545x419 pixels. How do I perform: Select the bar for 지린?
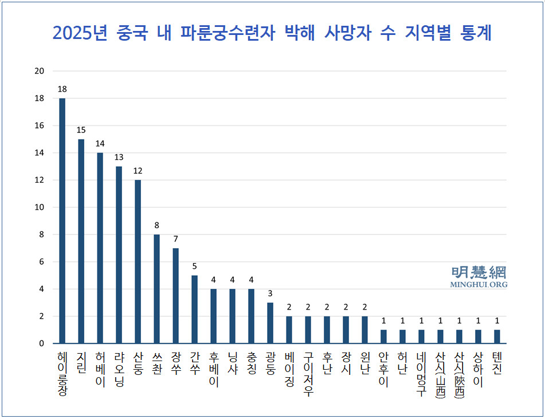tap(81, 241)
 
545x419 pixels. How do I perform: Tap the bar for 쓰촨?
tap(156, 289)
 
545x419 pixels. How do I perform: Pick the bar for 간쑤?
tap(194, 310)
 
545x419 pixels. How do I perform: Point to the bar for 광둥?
tap(270, 323)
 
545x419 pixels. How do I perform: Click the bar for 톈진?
tap(497, 337)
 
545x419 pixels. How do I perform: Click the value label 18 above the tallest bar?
tap(62, 89)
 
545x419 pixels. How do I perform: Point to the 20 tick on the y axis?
tap(40, 71)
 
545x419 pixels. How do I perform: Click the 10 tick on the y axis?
tap(40, 207)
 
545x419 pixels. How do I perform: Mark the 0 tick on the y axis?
tap(41, 344)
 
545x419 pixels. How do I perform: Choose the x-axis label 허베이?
tap(100, 369)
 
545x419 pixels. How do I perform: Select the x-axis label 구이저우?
tap(308, 376)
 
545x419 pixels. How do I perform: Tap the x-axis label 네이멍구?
tap(421, 376)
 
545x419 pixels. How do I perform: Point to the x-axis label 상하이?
tap(478, 369)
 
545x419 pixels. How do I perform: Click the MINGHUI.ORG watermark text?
tap(479, 284)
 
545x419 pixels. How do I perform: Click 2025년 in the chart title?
tap(80, 33)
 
